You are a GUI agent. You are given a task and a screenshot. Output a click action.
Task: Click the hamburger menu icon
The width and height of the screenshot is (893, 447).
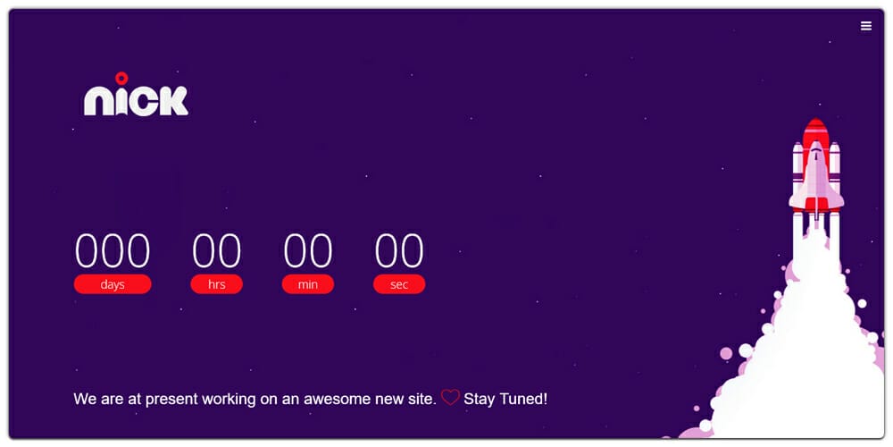point(865,26)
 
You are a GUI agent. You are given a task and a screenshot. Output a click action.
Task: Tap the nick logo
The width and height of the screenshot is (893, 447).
point(136,95)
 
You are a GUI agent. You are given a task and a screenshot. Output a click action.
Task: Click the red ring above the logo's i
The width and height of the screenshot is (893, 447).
point(121,78)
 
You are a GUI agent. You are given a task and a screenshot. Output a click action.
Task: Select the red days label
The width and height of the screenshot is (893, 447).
point(113,284)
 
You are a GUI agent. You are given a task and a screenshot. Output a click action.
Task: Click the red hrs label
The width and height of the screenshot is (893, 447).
point(216,284)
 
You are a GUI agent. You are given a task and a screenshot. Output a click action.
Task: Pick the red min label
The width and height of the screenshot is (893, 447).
point(308,284)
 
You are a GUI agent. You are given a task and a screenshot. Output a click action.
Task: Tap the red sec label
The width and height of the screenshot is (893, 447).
point(399,284)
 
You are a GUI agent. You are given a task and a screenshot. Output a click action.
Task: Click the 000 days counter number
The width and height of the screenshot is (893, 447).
point(113,251)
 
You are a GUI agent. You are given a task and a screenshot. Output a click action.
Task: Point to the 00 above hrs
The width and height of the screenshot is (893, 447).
point(216,251)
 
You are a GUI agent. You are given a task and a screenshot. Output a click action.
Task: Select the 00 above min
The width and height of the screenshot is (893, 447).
point(308,251)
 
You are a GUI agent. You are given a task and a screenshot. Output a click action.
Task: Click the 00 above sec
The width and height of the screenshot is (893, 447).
point(399,251)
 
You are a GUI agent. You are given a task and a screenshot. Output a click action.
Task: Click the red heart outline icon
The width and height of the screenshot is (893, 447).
point(450,398)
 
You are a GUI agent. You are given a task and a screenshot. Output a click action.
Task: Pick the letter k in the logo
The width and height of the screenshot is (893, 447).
point(174,101)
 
